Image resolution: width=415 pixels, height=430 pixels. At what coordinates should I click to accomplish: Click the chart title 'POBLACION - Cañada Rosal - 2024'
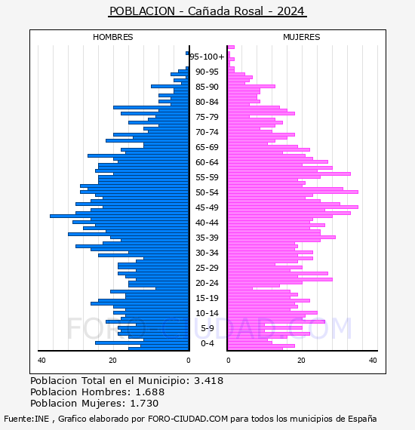coord(207,11)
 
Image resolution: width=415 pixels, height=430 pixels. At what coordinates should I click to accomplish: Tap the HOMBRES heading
coord(112,37)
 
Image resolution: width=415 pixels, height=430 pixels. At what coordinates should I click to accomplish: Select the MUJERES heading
coord(302,37)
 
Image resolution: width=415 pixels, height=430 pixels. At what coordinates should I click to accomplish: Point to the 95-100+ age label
coord(207,57)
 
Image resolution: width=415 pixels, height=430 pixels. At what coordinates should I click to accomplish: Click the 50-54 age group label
coord(207,192)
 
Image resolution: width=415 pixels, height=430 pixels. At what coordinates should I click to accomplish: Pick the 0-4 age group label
coord(207,343)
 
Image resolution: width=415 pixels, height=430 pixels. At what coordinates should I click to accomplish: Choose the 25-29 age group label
coord(207,268)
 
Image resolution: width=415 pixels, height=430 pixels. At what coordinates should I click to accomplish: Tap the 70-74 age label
coord(207,132)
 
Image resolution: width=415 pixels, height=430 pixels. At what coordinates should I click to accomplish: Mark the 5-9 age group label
coord(207,328)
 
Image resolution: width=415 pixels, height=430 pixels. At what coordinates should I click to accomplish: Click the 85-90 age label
coord(207,87)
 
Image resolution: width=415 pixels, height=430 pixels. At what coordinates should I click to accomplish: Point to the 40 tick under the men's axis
coord(41,360)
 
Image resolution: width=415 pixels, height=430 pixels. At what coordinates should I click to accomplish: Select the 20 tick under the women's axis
coord(301,360)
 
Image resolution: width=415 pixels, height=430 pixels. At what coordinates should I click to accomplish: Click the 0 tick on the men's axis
coord(188,360)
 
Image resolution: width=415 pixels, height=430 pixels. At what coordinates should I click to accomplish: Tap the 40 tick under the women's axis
coord(373,360)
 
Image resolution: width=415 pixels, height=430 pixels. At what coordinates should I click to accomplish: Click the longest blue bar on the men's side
coord(119,216)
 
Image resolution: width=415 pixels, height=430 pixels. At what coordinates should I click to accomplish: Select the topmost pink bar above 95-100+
coord(231,48)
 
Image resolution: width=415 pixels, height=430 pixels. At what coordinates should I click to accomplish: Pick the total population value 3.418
coord(209,381)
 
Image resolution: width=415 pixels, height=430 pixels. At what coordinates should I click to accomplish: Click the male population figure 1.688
coord(150,392)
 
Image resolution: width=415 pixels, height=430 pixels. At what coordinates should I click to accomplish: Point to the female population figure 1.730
coord(144,403)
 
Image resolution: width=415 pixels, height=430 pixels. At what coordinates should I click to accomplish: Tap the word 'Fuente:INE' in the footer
coord(26,419)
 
